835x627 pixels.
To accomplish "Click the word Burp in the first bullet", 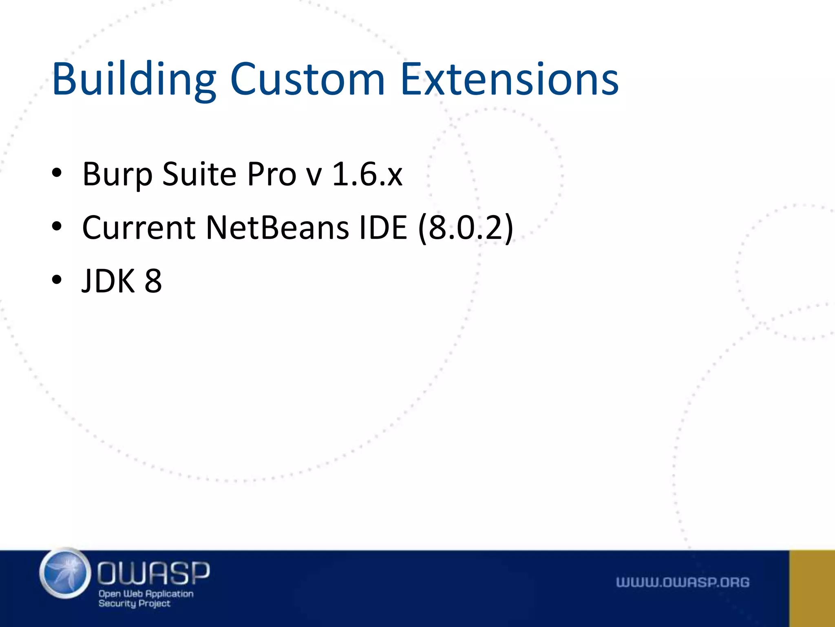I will point(117,175).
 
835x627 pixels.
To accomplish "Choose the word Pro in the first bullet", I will point(272,175).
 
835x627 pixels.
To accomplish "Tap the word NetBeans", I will point(277,227).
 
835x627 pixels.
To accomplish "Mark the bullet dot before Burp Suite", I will point(57,173).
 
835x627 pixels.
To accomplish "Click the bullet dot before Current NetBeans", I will point(57,226).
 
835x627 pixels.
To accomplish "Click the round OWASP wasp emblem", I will point(65,573).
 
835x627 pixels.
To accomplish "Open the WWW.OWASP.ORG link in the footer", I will point(683,582).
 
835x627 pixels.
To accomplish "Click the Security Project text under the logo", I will point(135,603).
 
